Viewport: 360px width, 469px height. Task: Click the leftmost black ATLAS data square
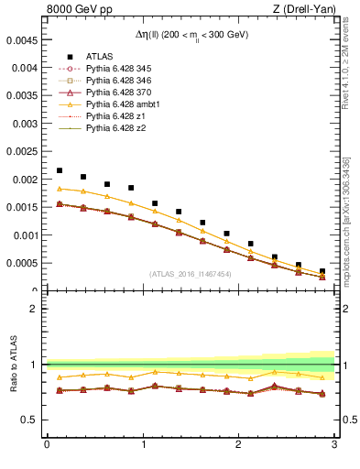point(60,170)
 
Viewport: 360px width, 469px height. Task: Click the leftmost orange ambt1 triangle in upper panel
point(60,189)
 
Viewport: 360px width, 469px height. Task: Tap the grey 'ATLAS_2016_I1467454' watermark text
point(191,273)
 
